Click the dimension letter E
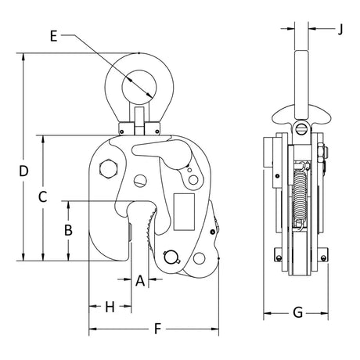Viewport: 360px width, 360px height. (53, 36)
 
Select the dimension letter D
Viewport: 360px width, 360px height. (23, 171)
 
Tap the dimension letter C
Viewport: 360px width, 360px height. (42, 196)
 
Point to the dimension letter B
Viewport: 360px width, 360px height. (68, 230)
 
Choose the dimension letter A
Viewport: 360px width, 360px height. (140, 280)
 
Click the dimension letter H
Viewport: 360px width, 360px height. (110, 307)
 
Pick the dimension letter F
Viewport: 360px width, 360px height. (157, 329)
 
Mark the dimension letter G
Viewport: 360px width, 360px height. (297, 312)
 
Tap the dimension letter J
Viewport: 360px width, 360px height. (340, 29)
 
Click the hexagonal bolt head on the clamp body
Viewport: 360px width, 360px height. (109, 168)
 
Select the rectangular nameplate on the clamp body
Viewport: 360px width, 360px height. (184, 212)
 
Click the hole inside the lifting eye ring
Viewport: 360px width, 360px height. (139, 88)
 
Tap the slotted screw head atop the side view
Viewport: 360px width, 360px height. (302, 129)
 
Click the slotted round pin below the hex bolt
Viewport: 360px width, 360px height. (140, 181)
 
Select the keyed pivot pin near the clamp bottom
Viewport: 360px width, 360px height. (171, 257)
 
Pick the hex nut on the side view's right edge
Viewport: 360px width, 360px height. (322, 154)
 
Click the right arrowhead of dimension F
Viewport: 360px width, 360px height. (214, 329)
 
